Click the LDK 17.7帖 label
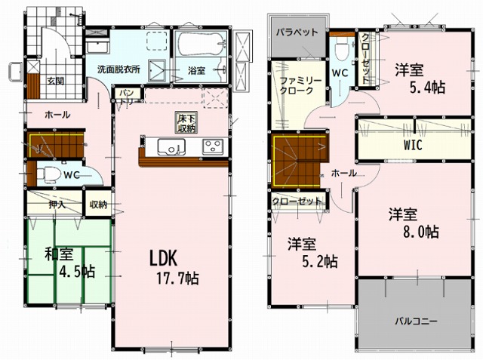pos(174,268)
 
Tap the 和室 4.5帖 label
pos(69,263)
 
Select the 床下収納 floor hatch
pos(186,123)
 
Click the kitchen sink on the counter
pos(171,147)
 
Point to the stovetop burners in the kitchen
pos(213,146)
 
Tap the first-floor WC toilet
pos(48,175)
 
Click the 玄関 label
pos(56,82)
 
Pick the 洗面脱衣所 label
pos(119,69)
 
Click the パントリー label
pos(128,97)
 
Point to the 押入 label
pos(57,205)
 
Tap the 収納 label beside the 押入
pos(98,205)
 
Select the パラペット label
pos(297,32)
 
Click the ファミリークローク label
pos(300,85)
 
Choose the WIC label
pos(413,145)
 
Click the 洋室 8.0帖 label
pos(414,223)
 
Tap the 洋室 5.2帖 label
pos(312,253)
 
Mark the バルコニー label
pos(416,322)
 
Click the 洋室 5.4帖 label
pos(420,79)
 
